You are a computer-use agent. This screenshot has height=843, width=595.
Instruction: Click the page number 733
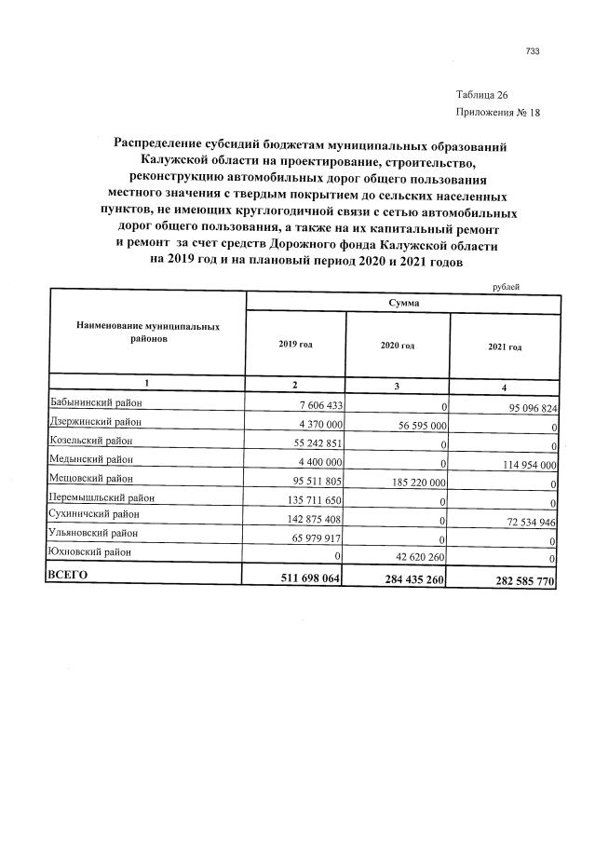point(533,51)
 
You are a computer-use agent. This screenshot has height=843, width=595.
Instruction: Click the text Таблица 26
point(481,96)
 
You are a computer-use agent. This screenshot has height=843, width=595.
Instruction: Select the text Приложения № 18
point(497,114)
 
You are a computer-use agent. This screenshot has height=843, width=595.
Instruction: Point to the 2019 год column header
point(295,345)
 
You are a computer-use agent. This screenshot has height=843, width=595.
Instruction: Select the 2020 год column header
point(398,346)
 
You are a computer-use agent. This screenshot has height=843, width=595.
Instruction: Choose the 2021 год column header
point(505,347)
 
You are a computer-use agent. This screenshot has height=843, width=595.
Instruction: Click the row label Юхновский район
point(92,552)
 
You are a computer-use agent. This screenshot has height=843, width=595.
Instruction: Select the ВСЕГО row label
point(67,576)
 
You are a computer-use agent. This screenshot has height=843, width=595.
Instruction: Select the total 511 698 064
point(308,579)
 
